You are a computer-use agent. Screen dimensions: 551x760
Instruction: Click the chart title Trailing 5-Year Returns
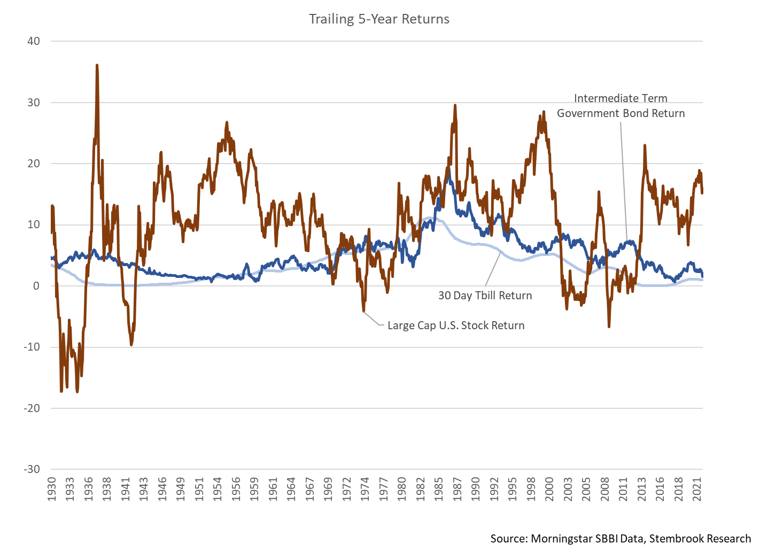click(379, 19)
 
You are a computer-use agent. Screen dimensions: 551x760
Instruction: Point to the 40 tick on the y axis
click(33, 41)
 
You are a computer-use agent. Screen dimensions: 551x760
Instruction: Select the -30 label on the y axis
click(31, 469)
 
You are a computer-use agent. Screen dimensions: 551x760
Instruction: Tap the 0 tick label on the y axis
click(36, 286)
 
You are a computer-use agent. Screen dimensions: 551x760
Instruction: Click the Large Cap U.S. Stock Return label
click(456, 325)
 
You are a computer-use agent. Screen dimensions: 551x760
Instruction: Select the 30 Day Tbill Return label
click(485, 296)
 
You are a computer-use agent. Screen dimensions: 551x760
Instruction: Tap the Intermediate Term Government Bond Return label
click(621, 106)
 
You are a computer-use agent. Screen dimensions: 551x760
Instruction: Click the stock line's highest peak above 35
click(97, 65)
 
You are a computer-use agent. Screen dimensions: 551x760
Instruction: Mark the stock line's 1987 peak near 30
click(455, 105)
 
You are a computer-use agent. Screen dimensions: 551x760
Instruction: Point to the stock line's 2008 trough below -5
click(609, 326)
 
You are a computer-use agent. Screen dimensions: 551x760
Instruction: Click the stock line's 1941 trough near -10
click(131, 344)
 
